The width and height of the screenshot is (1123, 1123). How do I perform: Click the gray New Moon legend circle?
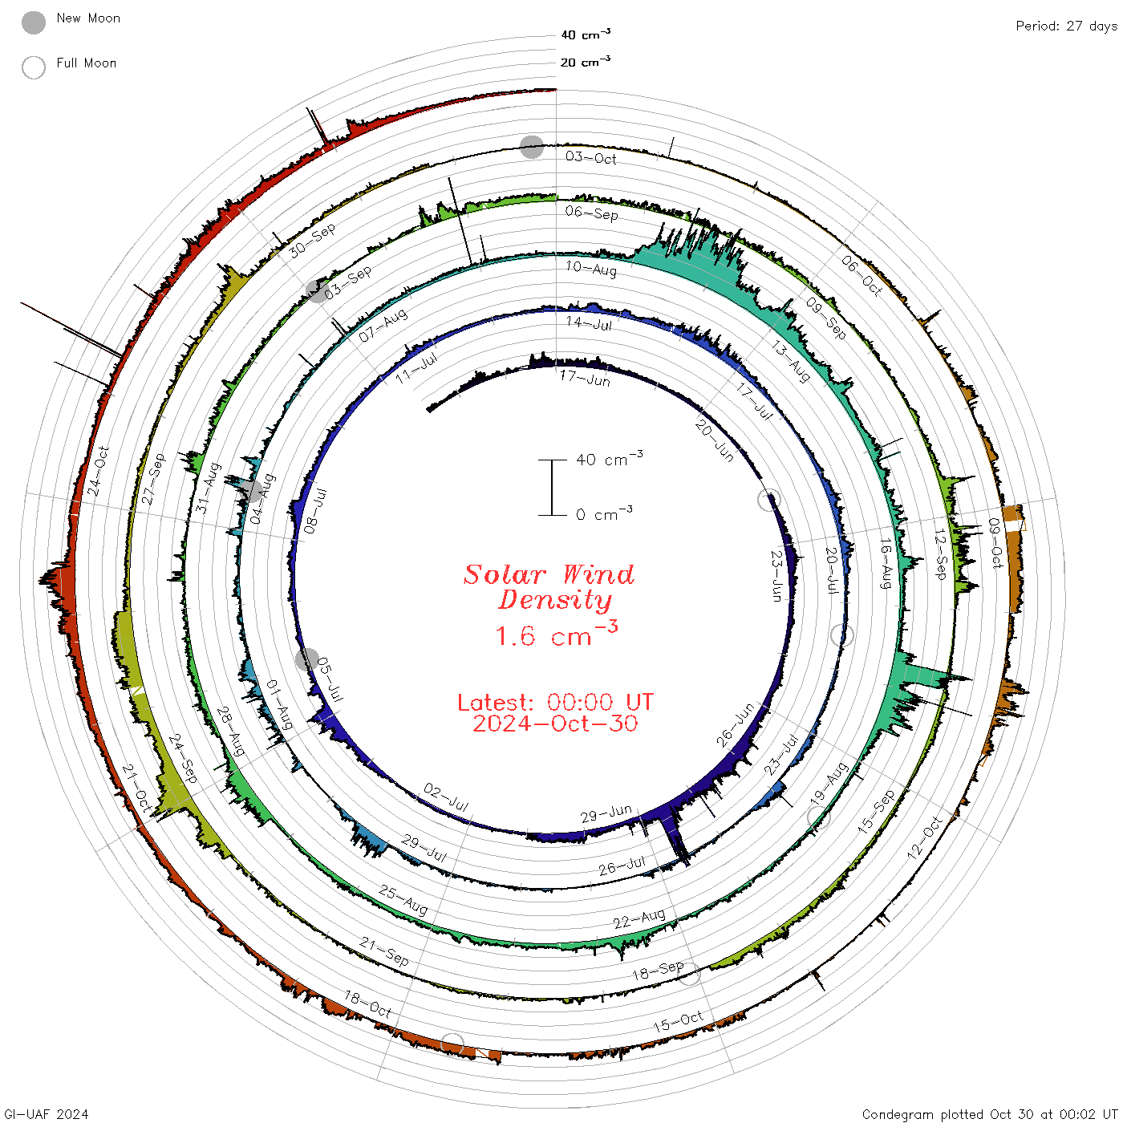click(x=33, y=22)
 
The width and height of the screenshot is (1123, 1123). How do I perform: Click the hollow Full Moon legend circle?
click(x=33, y=67)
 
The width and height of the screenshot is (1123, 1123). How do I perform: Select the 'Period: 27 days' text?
click(x=1066, y=26)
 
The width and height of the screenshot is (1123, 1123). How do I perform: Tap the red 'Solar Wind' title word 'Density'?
click(x=555, y=600)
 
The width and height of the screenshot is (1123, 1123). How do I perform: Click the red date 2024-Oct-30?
click(x=555, y=724)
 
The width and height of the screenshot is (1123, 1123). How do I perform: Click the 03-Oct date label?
click(x=590, y=158)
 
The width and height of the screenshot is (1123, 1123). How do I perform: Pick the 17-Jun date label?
click(x=585, y=379)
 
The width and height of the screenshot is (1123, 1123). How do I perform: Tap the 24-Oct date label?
click(x=99, y=472)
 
